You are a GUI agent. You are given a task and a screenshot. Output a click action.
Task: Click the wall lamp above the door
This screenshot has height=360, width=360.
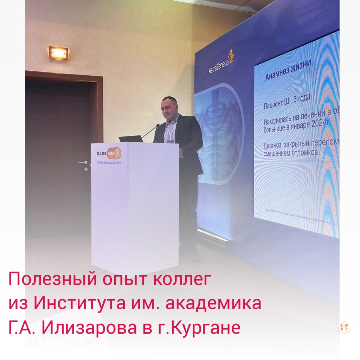tap(58, 53)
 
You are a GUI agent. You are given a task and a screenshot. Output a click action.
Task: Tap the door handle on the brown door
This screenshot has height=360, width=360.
tap(84, 163)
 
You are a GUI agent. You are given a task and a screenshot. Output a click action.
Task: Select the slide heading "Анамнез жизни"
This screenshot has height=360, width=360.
tap(290, 70)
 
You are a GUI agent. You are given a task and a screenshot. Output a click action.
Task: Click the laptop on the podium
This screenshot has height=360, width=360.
tap(130, 139)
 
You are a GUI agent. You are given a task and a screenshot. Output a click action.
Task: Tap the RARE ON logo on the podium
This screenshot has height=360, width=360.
tap(109, 153)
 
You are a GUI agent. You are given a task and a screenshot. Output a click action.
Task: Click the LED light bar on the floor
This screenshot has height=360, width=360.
tap(213, 234)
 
